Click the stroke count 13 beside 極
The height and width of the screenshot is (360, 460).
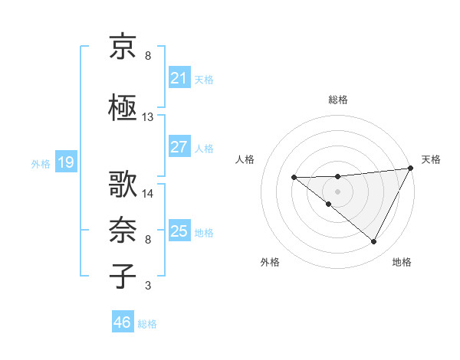coord(148,117)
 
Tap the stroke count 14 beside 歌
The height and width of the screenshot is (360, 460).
coord(148,193)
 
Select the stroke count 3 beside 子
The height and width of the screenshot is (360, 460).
coord(148,286)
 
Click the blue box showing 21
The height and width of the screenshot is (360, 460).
coord(179,78)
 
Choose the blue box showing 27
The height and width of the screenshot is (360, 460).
coord(179,147)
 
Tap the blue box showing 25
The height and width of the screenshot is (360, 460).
coord(179,231)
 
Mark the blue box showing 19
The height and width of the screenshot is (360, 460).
coord(65,162)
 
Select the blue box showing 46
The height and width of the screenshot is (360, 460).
coord(122,322)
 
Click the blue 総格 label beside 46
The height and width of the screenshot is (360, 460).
coord(147,324)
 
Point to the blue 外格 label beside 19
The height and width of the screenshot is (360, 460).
coord(41,163)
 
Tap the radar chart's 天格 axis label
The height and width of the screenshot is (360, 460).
coord(431,159)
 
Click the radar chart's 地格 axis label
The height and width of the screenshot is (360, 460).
coord(402,262)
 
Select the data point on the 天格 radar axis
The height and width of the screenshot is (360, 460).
coord(412,169)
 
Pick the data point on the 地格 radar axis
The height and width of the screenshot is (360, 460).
coord(374,242)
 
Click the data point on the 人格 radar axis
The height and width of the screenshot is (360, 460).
coord(294,178)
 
